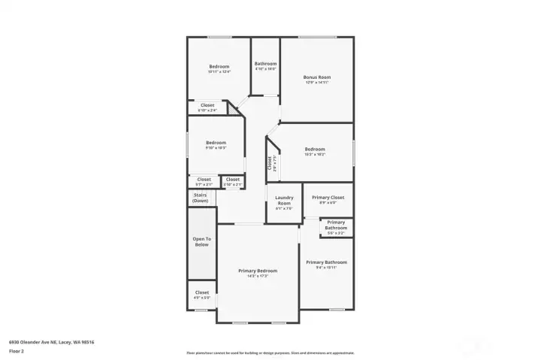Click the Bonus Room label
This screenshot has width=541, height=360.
(x=317, y=77)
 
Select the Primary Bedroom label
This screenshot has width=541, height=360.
(x=258, y=271)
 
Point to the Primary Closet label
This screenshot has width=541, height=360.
(x=328, y=197)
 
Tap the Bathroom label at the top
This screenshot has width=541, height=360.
(x=265, y=64)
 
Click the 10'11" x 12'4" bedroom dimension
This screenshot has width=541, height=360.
(x=219, y=72)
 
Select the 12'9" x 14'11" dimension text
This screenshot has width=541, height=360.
(x=317, y=83)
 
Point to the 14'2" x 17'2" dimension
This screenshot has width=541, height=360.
(x=258, y=276)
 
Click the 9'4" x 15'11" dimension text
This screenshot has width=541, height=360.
(x=326, y=267)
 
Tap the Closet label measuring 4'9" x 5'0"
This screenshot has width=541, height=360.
(x=202, y=292)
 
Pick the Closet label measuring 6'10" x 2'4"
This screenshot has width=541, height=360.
(x=207, y=105)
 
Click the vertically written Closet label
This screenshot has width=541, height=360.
(x=270, y=162)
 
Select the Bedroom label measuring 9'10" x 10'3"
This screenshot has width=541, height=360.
(x=216, y=143)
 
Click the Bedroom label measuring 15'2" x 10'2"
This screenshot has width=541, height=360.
(x=315, y=149)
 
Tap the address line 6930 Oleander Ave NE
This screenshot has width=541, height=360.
(x=51, y=342)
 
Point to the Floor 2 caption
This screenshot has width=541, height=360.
(x=17, y=351)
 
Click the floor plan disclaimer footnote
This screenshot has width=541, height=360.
(x=270, y=352)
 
